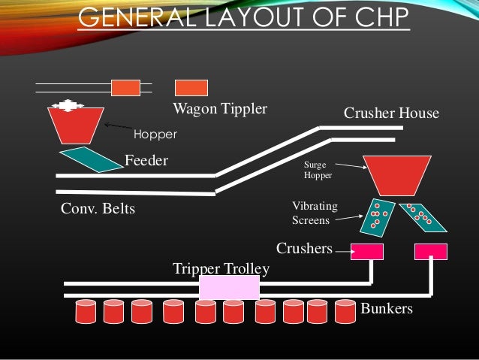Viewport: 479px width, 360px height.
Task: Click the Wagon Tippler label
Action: [x=220, y=109]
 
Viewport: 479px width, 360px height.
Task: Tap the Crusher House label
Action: [x=391, y=113]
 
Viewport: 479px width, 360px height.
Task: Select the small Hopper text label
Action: [x=155, y=135]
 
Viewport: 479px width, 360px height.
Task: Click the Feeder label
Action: [x=146, y=160]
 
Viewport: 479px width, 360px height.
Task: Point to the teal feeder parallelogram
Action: [x=89, y=159]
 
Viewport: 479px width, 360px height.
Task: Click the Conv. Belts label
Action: [x=98, y=208]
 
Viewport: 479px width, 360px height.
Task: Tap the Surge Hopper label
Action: [x=317, y=169]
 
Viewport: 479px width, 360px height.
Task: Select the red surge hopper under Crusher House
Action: [x=396, y=174]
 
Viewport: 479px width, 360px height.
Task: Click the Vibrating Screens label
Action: [x=315, y=213]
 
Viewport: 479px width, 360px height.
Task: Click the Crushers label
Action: [x=304, y=248]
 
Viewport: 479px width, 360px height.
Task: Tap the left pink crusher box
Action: [x=367, y=251]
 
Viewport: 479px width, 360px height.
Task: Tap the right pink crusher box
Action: [x=430, y=251]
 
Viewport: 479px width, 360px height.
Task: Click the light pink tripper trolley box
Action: [x=229, y=287]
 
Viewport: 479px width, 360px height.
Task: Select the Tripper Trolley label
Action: [x=221, y=268]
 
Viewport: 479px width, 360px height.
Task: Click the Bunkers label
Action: [x=387, y=308]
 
